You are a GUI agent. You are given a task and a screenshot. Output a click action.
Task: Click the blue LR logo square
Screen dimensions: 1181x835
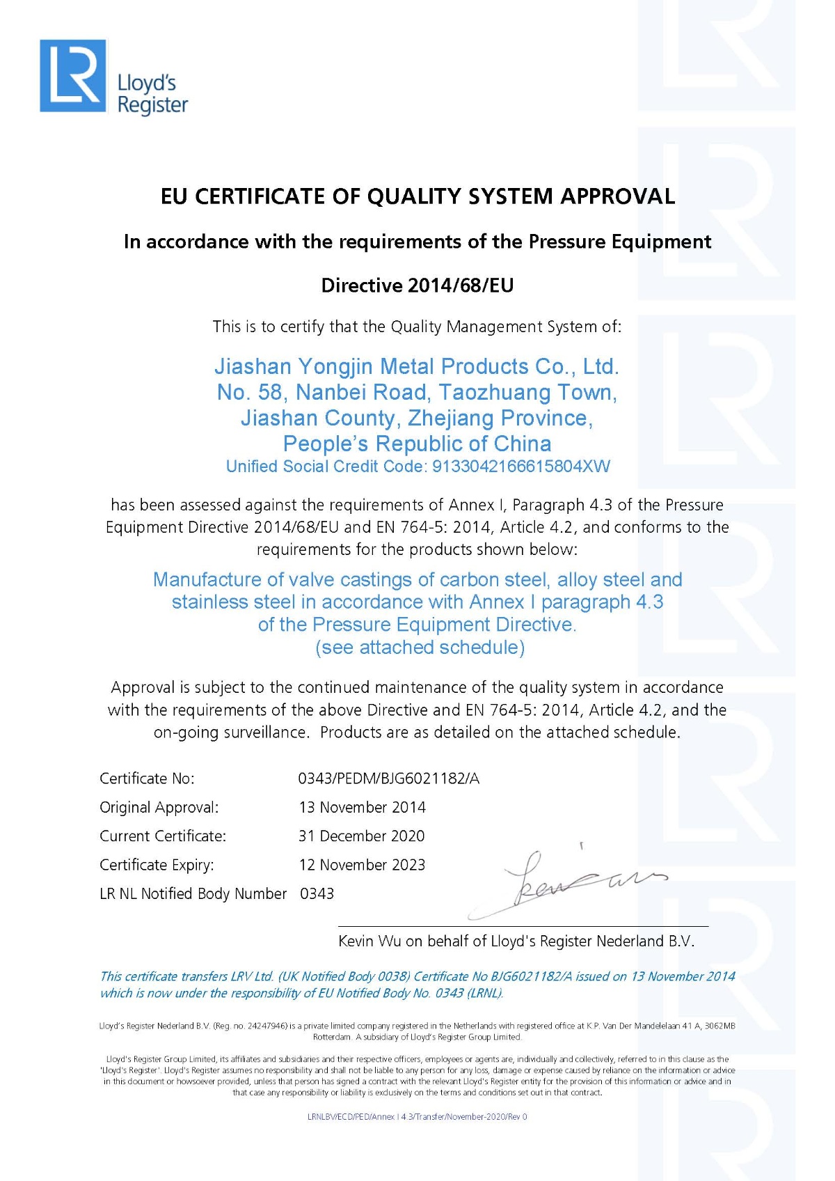(73, 76)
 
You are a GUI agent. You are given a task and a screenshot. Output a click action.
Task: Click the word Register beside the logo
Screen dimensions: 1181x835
(152, 105)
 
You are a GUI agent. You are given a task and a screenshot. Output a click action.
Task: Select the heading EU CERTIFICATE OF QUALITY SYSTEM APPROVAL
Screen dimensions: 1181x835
(417, 196)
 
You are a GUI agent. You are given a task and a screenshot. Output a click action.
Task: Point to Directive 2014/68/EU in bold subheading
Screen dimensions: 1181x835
(417, 286)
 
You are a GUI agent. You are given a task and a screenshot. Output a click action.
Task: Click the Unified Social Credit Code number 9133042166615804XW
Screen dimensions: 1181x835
(521, 467)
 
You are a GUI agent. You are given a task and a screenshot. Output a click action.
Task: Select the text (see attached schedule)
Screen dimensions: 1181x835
(420, 648)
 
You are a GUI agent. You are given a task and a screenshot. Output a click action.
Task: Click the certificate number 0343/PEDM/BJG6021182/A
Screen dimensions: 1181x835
(388, 779)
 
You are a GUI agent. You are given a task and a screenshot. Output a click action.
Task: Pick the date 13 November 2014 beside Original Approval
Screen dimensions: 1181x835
(362, 808)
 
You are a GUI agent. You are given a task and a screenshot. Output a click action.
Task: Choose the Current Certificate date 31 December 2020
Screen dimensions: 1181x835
(361, 836)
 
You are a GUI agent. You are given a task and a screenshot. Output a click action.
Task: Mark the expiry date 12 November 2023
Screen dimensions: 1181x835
(362, 865)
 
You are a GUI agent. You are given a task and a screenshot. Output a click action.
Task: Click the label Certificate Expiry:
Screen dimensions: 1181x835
(157, 865)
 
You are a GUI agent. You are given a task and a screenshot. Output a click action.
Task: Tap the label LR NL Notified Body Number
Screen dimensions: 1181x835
(193, 893)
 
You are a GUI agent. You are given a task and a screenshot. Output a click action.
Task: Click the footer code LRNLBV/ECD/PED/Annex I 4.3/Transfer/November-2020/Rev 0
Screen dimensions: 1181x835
(417, 1117)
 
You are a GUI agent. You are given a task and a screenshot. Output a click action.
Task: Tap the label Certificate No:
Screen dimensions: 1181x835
(147, 779)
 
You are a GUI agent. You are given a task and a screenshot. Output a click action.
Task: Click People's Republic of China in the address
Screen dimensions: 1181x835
(417, 444)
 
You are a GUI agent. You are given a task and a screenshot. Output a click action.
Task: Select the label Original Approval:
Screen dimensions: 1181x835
(159, 808)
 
